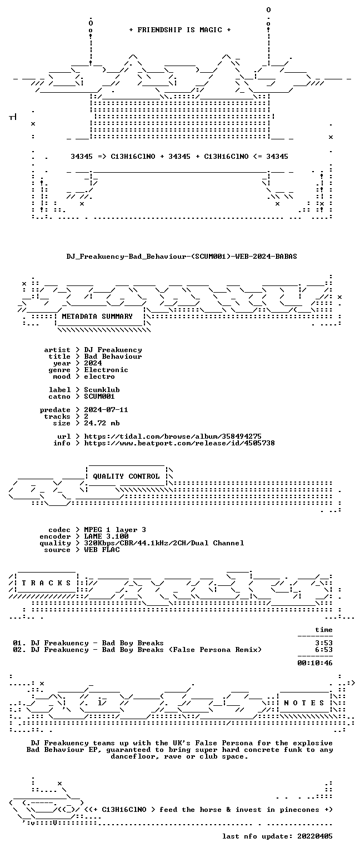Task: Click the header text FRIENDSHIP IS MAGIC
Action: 180,29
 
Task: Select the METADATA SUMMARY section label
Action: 97,317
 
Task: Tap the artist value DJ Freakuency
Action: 113,350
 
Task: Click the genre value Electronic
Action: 106,370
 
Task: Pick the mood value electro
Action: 99,377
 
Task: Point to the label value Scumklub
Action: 102,389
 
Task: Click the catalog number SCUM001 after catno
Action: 99,397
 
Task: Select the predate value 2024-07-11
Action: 106,410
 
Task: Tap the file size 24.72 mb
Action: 102,423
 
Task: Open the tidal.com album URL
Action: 173,436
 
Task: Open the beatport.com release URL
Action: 179,443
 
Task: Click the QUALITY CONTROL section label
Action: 127,476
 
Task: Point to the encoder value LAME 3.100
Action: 106,536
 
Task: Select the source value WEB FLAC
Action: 102,550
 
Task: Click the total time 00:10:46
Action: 315,663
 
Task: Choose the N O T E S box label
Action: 304,703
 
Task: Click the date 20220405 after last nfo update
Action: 315,836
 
